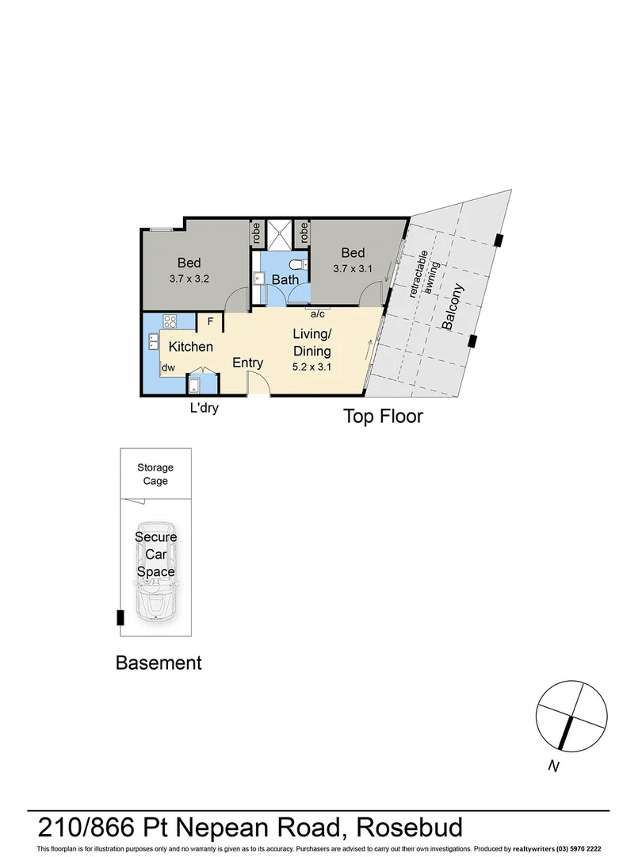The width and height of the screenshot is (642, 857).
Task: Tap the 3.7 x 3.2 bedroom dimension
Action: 189,279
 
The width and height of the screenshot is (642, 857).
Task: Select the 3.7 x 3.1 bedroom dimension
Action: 353,269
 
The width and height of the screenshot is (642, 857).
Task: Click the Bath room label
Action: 285,279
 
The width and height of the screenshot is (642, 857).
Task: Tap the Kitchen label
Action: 190,347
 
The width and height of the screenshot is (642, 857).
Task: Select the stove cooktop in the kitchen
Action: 170,321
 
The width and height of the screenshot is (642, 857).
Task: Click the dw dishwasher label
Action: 168,368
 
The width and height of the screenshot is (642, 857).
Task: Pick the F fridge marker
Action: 210,321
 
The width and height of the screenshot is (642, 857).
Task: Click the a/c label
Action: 318,314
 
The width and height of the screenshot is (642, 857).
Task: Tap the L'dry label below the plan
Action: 203,409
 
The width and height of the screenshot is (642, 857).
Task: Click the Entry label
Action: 247,363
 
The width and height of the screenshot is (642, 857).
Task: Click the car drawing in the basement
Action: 155,571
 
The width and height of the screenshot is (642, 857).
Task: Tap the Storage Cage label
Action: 155,475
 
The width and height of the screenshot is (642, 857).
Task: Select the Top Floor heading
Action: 383,416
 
